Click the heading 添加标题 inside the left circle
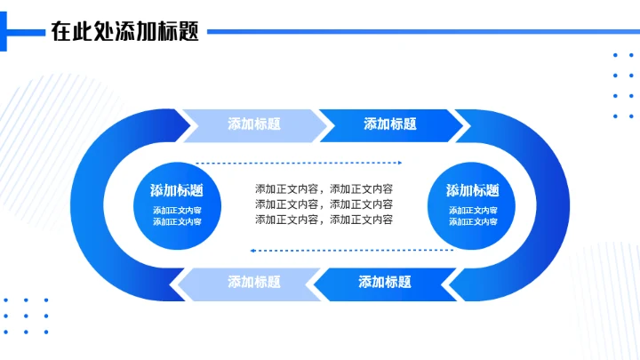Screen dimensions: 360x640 (x=176, y=190)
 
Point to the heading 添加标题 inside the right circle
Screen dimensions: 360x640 (x=472, y=190)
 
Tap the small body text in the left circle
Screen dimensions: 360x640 (x=176, y=216)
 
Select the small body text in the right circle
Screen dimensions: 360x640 (x=472, y=216)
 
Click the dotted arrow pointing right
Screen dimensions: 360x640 (x=298, y=163)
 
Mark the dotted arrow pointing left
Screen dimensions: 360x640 (x=351, y=251)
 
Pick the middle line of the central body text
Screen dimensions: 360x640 (x=324, y=204)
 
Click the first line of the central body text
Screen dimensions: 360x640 (x=324, y=188)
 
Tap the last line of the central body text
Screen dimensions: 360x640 (x=324, y=219)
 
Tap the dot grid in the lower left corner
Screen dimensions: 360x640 (x=26, y=316)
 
